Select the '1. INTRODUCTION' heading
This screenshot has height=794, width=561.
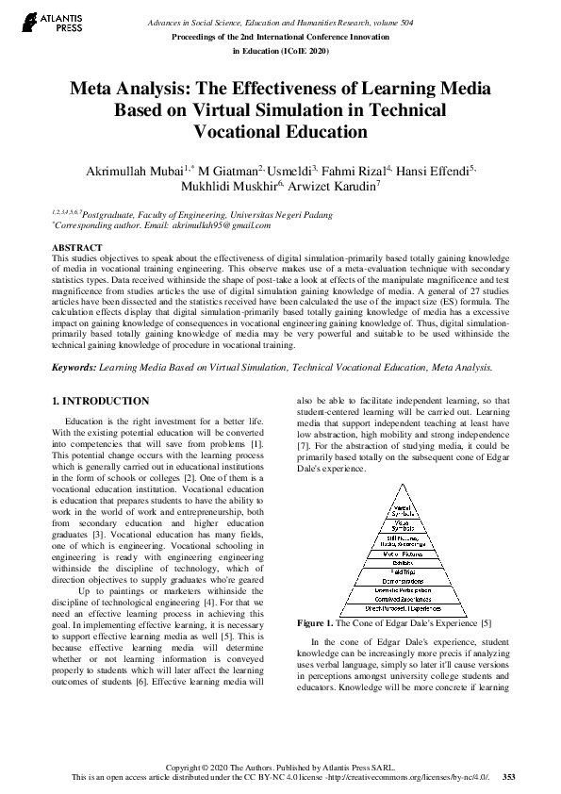[x=100, y=401]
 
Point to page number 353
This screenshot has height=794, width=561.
[x=508, y=776]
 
